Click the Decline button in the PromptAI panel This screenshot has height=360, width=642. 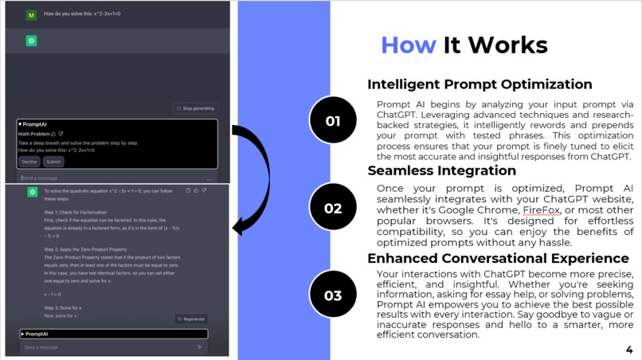coord(29,162)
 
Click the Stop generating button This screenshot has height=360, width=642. coord(196,108)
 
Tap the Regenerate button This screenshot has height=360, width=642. coord(191,319)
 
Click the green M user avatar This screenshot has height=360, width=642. coord(31,14)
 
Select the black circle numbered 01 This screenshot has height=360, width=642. coord(333,121)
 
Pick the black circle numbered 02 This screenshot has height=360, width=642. coord(333,208)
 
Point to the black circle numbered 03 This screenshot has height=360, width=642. coord(333,295)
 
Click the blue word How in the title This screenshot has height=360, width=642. coord(409,45)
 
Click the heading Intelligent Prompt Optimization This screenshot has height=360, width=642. coord(480,84)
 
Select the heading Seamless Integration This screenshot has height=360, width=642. coord(441,170)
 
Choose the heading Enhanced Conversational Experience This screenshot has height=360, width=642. coord(498,258)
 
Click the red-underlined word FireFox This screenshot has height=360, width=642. coord(542,210)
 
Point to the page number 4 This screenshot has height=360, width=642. coord(629,350)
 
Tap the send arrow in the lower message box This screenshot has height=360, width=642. coord(199,347)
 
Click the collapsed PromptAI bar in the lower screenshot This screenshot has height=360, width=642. coord(114,334)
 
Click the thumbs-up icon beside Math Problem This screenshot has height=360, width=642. coord(53,134)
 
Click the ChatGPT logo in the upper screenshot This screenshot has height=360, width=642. coord(32,41)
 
